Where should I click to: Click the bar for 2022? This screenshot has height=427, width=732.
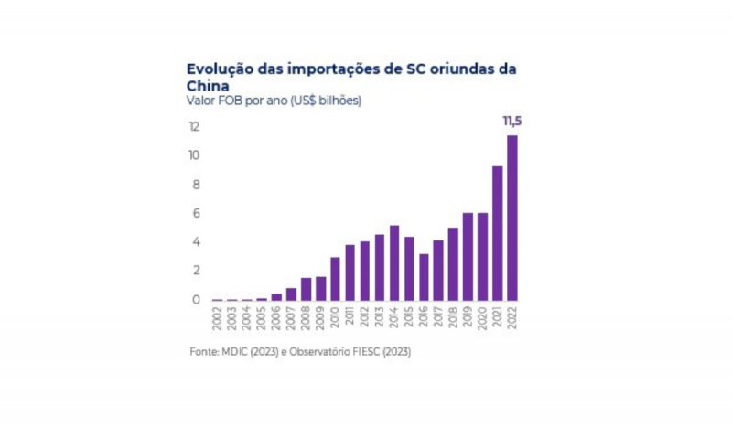pyautogui.click(x=512, y=218)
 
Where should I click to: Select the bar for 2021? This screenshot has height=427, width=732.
pyautogui.click(x=498, y=233)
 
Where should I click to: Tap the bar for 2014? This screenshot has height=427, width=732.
pyautogui.click(x=394, y=262)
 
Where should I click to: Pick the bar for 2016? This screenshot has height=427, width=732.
pyautogui.click(x=424, y=277)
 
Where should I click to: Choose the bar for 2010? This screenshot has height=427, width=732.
pyautogui.click(x=335, y=279)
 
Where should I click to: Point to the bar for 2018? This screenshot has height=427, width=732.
pyautogui.click(x=453, y=263)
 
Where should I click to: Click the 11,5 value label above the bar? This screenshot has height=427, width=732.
pyautogui.click(x=512, y=121)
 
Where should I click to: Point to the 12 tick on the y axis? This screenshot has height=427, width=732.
pyautogui.click(x=194, y=127)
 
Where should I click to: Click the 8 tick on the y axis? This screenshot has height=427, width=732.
pyautogui.click(x=196, y=185)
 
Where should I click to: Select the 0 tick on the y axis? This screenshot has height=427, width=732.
pyautogui.click(x=196, y=300)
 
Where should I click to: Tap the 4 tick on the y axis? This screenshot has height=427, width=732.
pyautogui.click(x=196, y=242)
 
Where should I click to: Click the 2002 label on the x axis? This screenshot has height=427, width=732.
pyautogui.click(x=217, y=316)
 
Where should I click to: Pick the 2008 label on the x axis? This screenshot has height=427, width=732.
pyautogui.click(x=306, y=316)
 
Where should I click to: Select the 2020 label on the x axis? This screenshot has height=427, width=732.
pyautogui.click(x=483, y=316)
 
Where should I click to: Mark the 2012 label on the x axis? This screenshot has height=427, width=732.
pyautogui.click(x=365, y=316)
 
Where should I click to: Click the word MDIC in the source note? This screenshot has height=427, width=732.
pyautogui.click(x=231, y=352)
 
